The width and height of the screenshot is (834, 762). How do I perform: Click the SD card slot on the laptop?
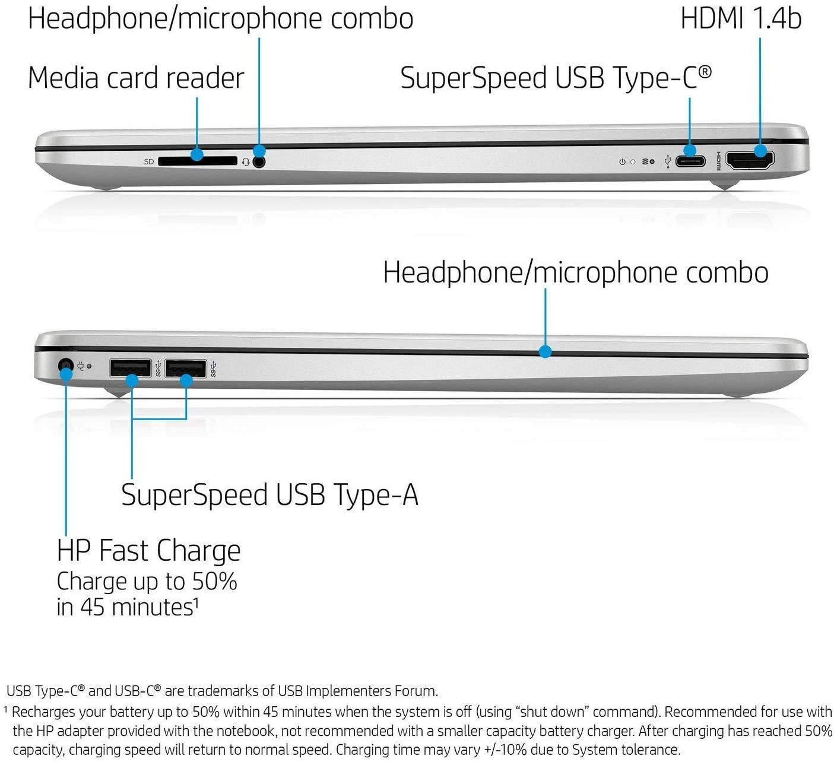point(198,161)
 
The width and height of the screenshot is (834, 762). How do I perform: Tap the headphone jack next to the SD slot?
point(259,161)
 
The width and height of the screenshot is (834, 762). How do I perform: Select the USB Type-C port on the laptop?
point(690,161)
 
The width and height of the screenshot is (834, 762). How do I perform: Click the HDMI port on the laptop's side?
point(750,161)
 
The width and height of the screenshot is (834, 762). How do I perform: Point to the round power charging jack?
point(65,366)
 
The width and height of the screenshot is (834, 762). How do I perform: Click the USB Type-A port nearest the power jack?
point(130,368)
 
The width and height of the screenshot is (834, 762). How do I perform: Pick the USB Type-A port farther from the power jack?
point(185,368)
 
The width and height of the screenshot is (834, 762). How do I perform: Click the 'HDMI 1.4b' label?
point(741,19)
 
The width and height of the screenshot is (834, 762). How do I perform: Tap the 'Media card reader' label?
point(136,78)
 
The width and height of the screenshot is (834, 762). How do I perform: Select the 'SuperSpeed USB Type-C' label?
point(556,78)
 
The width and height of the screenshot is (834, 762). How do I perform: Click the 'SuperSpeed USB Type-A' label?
point(270,495)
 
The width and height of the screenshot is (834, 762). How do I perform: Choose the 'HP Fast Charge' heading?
point(149,550)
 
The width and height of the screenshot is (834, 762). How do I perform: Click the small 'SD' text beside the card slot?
point(149,161)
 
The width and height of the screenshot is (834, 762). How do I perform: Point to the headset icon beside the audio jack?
point(246,162)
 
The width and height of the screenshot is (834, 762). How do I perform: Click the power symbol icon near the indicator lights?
point(622,161)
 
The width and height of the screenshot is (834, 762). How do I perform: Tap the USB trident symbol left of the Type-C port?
point(668,161)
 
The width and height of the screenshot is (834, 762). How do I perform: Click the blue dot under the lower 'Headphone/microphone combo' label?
point(545,352)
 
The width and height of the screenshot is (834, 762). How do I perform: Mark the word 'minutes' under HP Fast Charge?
point(153,607)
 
